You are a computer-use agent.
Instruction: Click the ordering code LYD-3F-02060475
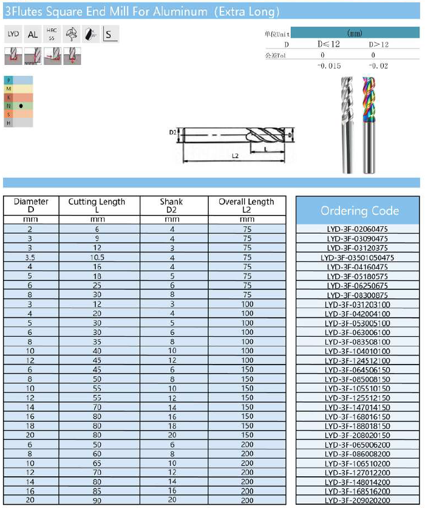coord(357,229)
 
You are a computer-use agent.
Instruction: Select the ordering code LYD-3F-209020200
coord(357,501)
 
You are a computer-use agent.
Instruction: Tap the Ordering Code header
coord(359,211)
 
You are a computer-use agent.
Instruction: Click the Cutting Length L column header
coord(97,206)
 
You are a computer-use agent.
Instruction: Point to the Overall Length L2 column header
coord(246,206)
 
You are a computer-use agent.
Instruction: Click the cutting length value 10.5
coord(97,257)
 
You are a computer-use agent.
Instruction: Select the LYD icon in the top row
coord(13,35)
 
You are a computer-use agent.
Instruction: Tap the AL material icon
coord(33,35)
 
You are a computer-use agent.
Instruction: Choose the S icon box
coord(110,35)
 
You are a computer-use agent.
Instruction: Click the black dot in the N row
coord(21,105)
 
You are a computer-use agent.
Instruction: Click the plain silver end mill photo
coord(348,124)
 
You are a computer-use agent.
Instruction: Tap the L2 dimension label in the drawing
coord(234,156)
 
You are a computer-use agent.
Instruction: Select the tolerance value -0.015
coord(330,66)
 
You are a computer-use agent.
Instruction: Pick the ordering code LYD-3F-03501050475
coord(357,257)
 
